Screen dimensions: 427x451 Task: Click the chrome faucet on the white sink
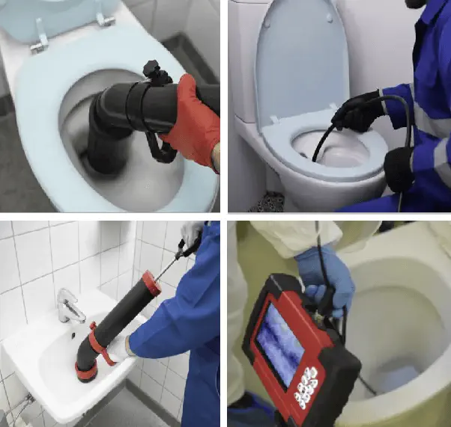[70, 307]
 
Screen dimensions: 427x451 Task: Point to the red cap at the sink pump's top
[151, 283]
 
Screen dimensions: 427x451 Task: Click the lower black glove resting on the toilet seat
[399, 168]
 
